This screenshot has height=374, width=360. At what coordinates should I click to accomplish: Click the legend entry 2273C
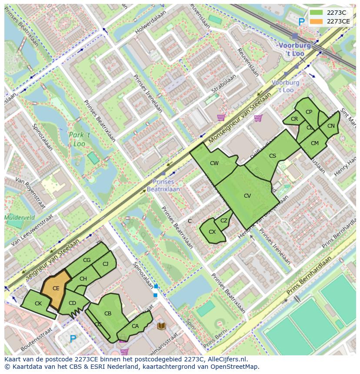(x=332, y=13)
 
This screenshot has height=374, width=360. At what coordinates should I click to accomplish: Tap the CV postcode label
(x=247, y=196)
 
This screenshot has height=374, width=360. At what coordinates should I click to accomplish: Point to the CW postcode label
(x=214, y=163)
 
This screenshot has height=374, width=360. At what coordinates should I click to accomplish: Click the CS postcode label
(x=273, y=156)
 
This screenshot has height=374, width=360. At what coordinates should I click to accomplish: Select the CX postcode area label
(x=212, y=232)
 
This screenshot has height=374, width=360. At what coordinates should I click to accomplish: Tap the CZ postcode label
(x=224, y=221)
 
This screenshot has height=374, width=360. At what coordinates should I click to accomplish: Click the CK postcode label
(x=38, y=304)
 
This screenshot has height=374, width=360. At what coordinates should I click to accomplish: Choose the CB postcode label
(x=108, y=314)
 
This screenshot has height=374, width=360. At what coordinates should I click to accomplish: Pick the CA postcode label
(x=135, y=326)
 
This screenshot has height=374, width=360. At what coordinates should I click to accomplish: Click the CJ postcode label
(x=106, y=264)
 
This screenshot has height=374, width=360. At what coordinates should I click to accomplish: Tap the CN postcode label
(x=331, y=126)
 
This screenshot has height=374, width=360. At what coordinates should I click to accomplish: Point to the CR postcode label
(x=294, y=119)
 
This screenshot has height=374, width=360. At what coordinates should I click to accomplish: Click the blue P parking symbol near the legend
(x=301, y=21)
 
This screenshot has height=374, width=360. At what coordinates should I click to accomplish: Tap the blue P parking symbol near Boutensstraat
(x=73, y=338)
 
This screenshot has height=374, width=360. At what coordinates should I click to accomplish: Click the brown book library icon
(x=161, y=325)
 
